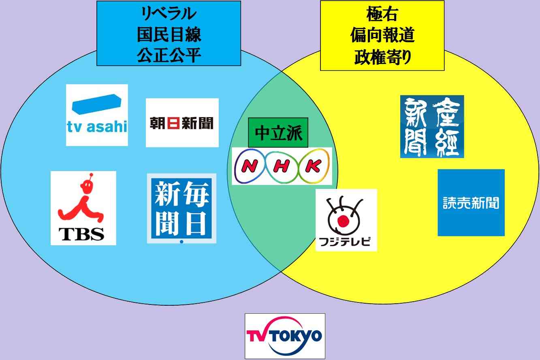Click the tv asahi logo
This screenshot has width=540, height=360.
(97, 115)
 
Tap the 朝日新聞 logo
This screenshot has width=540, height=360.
(182, 122)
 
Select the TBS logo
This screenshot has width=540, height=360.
(83, 208)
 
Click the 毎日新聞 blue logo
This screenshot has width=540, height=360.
(181, 208)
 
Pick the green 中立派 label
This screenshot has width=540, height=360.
(278, 133)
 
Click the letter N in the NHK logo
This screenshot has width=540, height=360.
(249, 166)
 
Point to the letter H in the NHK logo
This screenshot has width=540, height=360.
(281, 166)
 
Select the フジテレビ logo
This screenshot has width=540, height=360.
(346, 220)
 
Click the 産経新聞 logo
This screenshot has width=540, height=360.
(432, 126)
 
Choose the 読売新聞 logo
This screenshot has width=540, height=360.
(471, 203)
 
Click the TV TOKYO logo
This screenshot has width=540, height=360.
(285, 336)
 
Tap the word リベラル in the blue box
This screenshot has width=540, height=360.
(169, 13)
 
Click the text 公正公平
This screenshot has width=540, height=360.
(169, 55)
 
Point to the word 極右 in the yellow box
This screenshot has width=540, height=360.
(382, 14)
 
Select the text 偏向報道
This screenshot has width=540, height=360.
(382, 35)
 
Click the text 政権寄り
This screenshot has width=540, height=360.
(382, 57)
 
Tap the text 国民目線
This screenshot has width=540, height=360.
(169, 34)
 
